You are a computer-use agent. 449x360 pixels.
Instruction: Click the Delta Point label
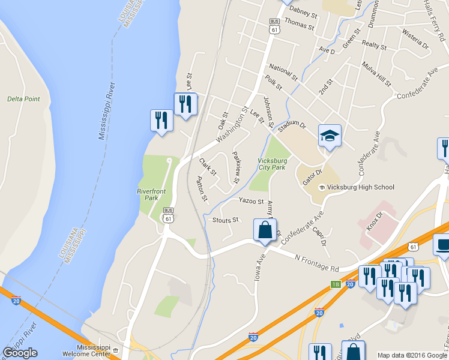[x=23, y=99]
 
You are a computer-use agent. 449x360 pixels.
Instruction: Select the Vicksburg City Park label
[x=272, y=164]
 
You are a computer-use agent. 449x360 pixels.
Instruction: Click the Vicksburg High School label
[x=361, y=187]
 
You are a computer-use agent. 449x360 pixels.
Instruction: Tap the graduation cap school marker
[x=329, y=136]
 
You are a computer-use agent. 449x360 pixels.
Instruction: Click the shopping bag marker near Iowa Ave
[x=265, y=230]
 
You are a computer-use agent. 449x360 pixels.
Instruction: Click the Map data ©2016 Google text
[x=411, y=355]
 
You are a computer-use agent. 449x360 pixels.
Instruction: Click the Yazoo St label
[x=251, y=201]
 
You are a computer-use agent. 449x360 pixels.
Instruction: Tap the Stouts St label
[x=226, y=220]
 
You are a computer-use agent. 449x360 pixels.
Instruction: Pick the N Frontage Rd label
[x=317, y=263]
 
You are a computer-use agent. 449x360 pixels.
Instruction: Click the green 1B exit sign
[x=336, y=284]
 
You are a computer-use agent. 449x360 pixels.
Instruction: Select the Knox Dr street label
[x=374, y=223]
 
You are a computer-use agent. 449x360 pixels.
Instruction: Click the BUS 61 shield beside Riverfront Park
[x=168, y=214]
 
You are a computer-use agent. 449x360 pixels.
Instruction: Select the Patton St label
[x=202, y=188]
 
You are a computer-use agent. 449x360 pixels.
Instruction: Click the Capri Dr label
[x=322, y=235]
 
